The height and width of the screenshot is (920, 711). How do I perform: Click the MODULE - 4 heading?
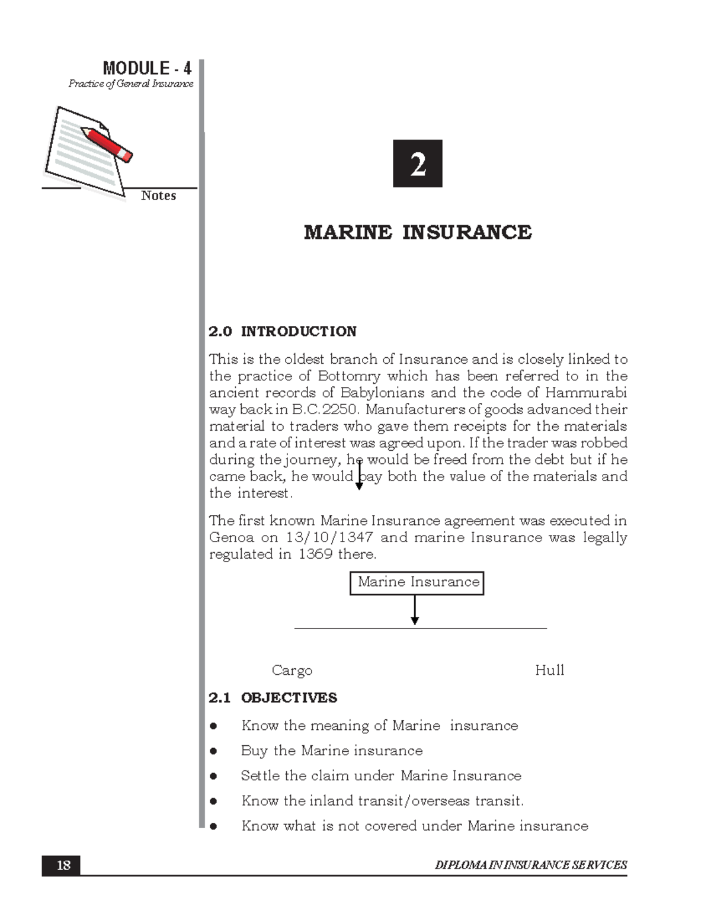pyautogui.click(x=146, y=68)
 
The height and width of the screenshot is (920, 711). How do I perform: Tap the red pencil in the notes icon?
pyautogui.click(x=107, y=143)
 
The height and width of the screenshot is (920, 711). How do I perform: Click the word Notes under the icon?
pyautogui.click(x=158, y=195)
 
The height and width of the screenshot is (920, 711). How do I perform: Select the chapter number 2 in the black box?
pyautogui.click(x=418, y=164)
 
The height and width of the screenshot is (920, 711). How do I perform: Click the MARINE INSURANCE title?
pyautogui.click(x=418, y=232)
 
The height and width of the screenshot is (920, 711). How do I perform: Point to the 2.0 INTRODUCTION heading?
pyautogui.click(x=283, y=331)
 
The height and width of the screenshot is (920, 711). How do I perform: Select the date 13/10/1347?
pyautogui.click(x=329, y=537)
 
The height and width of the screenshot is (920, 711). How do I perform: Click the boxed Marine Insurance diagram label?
pyautogui.click(x=417, y=582)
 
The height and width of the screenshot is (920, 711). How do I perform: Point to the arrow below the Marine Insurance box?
pyautogui.click(x=415, y=610)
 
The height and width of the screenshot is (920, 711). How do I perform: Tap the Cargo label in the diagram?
pyautogui.click(x=292, y=671)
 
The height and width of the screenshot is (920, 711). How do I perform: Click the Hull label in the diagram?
pyautogui.click(x=549, y=670)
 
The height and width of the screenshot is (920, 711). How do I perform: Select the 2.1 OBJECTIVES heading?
pyautogui.click(x=273, y=698)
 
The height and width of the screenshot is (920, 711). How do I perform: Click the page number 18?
pyautogui.click(x=63, y=865)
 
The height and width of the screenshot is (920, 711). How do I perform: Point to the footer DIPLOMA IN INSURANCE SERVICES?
pyautogui.click(x=530, y=865)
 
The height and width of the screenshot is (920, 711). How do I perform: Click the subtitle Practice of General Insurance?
pyautogui.click(x=130, y=84)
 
